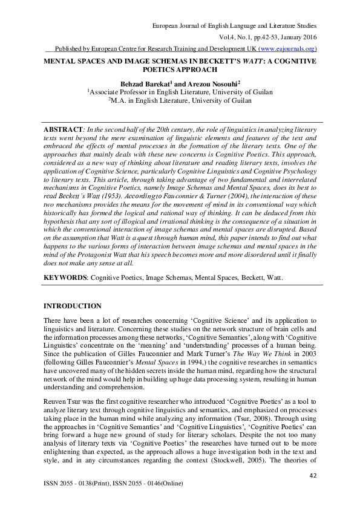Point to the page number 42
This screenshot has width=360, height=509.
tap(313, 476)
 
